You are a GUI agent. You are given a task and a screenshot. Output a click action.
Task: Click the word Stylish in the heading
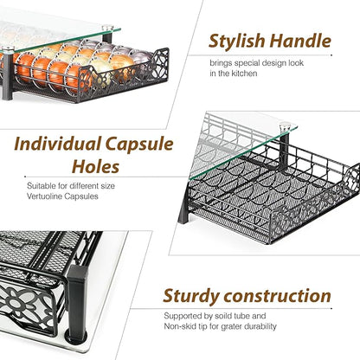(x=237, y=42)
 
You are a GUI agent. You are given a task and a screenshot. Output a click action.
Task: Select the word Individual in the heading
(x=57, y=144)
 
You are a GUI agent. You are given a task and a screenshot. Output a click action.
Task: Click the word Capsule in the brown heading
(x=139, y=145)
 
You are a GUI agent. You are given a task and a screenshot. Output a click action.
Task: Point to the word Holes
(x=95, y=166)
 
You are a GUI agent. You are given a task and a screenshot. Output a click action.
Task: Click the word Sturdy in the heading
(x=190, y=297)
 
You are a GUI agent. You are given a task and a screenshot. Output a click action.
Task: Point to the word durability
(x=260, y=326)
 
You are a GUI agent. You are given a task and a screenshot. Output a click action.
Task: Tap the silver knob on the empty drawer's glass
(x=285, y=125)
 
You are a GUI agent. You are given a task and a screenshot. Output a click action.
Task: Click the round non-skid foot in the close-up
(x=76, y=337)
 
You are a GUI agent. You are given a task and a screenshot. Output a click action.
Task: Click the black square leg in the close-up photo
(x=77, y=301)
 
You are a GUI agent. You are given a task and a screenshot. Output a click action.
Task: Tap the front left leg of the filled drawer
(x=7, y=75)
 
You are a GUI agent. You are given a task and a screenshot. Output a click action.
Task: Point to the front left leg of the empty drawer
(x=183, y=209)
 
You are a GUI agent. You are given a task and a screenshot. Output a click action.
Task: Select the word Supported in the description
(x=183, y=317)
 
